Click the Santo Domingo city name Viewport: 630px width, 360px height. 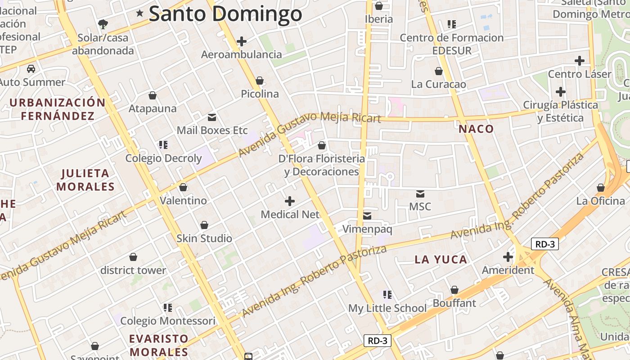click(225, 13)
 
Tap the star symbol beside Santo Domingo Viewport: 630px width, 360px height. click(140, 13)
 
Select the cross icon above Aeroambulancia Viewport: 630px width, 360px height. click(242, 41)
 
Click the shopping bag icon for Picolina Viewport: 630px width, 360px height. click(259, 81)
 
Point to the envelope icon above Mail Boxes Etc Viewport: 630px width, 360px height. click(211, 117)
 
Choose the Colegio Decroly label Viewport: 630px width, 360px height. click(163, 158)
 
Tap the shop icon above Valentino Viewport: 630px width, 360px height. click(183, 187)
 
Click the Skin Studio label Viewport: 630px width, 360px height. click(204, 238)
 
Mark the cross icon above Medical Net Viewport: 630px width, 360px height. click(290, 201)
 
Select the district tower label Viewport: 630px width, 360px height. click(133, 270)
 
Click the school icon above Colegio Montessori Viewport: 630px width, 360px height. click(168, 308)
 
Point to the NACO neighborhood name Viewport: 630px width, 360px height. click(476, 129)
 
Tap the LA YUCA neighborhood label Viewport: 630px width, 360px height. click(441, 260)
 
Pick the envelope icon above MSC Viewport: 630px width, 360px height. click(420, 194)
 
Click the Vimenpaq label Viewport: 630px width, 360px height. click(367, 229)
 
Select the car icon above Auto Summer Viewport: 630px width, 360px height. click(31, 69)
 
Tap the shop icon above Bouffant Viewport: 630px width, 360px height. click(454, 290)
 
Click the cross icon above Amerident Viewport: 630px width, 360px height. click(508, 257)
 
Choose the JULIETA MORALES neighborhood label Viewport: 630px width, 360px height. click(85, 180)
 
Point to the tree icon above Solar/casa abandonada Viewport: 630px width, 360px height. click(103, 24)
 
